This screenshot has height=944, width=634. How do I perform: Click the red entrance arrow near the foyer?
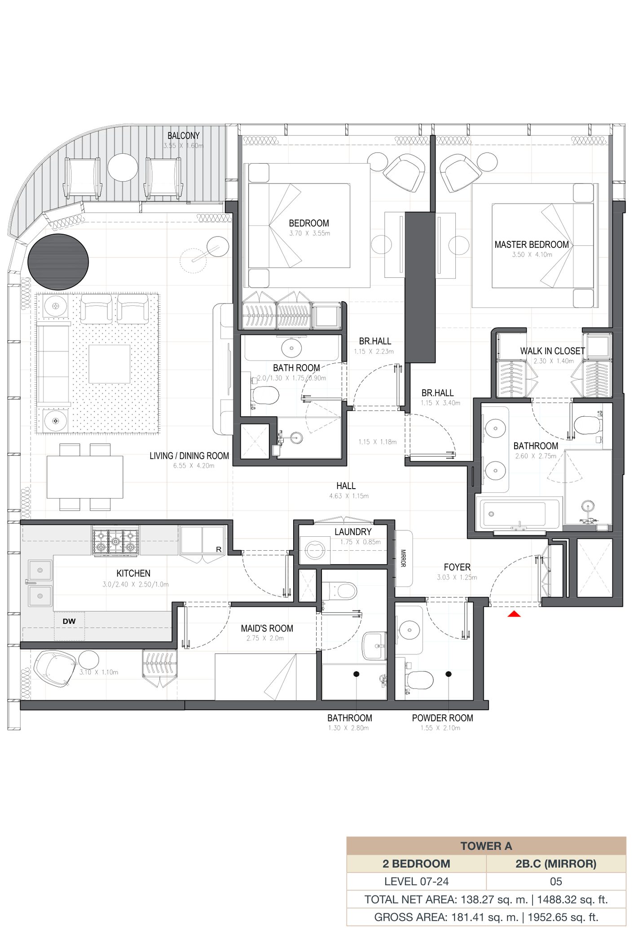514,614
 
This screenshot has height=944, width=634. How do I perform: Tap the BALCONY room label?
183,135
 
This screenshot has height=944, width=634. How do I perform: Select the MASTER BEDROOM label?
532,245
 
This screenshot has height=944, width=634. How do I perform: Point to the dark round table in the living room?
58,262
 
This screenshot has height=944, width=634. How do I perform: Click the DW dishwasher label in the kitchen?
69,621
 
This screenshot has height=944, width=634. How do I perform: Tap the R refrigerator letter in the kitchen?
219,549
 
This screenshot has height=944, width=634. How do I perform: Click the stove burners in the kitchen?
116,541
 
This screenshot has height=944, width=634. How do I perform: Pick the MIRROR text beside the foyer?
403,558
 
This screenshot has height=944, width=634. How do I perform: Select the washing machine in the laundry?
315,550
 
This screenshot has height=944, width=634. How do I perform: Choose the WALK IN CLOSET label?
552,351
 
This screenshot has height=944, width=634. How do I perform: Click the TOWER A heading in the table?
486,846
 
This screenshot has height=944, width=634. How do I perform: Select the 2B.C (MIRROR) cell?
556,864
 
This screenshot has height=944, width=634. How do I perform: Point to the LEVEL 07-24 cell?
416,882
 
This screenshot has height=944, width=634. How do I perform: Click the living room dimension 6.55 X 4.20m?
194,466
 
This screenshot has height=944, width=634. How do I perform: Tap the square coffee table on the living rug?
110,364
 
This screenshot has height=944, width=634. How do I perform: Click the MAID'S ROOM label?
267,628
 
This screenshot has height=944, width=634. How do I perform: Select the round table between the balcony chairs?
123,167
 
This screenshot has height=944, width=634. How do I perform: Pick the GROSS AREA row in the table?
486,917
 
